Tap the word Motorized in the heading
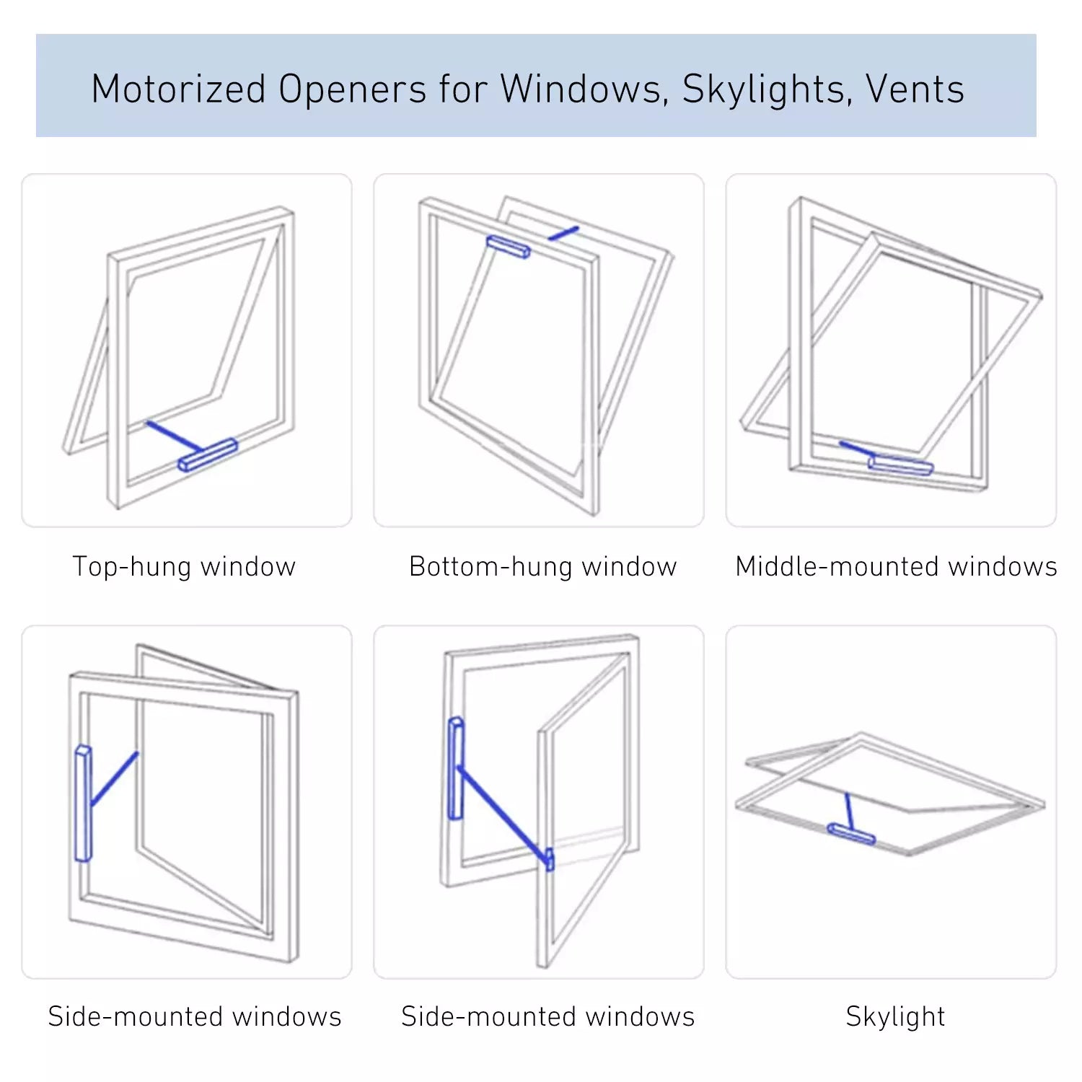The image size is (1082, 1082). click(178, 89)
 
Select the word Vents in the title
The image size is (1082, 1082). click(915, 89)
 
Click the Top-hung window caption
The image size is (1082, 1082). click(184, 567)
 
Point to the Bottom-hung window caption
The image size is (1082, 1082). click(542, 567)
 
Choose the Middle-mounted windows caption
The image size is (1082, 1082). click(896, 567)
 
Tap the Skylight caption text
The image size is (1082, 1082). click(895, 1016)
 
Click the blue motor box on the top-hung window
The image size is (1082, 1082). click(208, 454)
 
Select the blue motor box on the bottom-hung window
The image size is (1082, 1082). click(509, 247)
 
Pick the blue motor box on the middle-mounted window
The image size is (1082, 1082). click(900, 465)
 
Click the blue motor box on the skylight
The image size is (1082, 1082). click(851, 833)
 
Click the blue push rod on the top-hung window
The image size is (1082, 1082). click(173, 436)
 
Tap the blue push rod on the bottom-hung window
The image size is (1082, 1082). click(563, 233)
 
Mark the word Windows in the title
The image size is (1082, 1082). click(584, 89)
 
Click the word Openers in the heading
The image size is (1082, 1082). click(353, 89)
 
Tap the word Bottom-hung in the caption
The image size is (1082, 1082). click(491, 567)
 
